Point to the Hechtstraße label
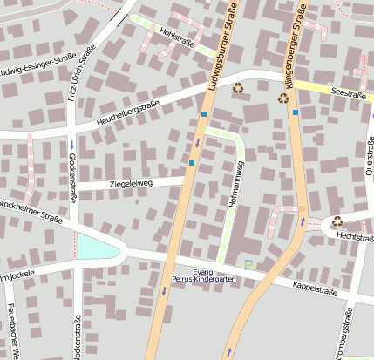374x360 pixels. click(x=355, y=236)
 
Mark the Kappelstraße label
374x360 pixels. click(x=315, y=288)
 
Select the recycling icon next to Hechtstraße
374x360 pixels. click(x=337, y=221)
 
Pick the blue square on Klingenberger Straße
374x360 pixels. click(x=296, y=112)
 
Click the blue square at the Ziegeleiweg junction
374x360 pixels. click(x=192, y=162)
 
